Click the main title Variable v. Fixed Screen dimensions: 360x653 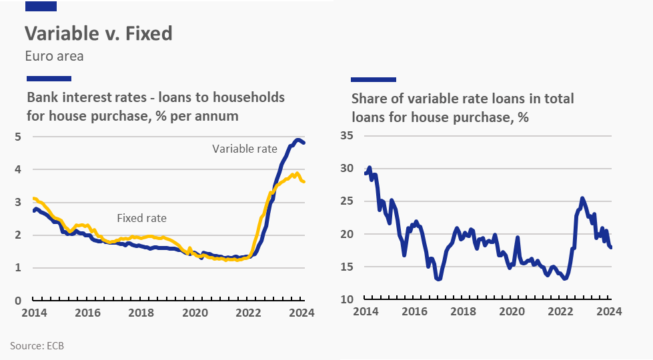(x=99, y=33)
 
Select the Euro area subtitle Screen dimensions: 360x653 (x=54, y=56)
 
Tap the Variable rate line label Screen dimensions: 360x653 (x=244, y=149)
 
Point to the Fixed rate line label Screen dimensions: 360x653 (x=141, y=218)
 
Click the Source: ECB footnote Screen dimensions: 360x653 (x=37, y=345)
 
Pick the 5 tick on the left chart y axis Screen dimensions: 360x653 (x=18, y=137)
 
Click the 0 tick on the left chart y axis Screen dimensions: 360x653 (x=18, y=301)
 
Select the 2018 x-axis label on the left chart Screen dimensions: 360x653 (x=141, y=312)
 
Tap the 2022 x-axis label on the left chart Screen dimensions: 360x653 (x=248, y=312)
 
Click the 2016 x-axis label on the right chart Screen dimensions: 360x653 (x=414, y=312)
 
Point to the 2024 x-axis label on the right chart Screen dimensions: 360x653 (x=609, y=312)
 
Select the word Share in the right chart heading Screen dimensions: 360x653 (x=368, y=99)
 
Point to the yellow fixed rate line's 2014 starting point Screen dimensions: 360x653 (x=34, y=199)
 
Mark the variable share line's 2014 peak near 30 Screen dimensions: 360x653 (x=369, y=168)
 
